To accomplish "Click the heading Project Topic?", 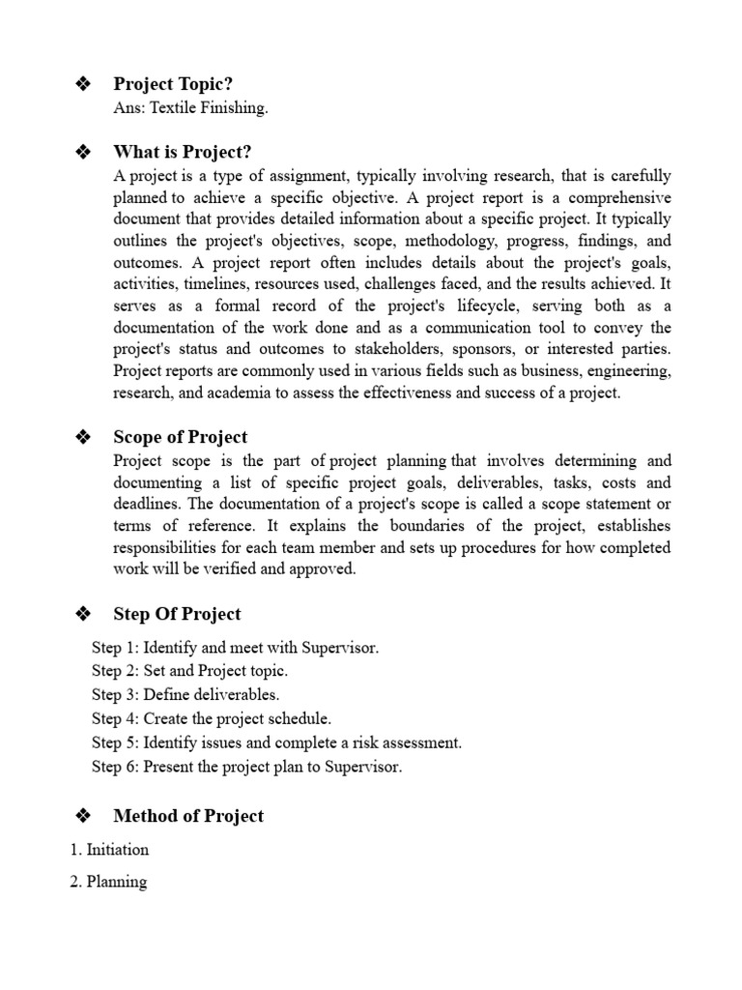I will (x=173, y=85).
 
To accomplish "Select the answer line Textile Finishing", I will (x=190, y=107).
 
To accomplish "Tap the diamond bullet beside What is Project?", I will (x=82, y=152).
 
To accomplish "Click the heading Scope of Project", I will (x=180, y=437).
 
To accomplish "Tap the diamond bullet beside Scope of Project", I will (x=82, y=437).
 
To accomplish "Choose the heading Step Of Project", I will (x=177, y=614).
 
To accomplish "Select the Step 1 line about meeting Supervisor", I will (x=235, y=648).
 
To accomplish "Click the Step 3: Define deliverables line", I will (x=185, y=694).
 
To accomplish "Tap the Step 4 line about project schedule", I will (x=211, y=718).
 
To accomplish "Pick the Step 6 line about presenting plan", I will (x=246, y=767).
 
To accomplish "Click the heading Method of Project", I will (x=188, y=816).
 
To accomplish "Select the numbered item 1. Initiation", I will (x=109, y=850).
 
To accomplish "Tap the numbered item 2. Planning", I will (x=108, y=882).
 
